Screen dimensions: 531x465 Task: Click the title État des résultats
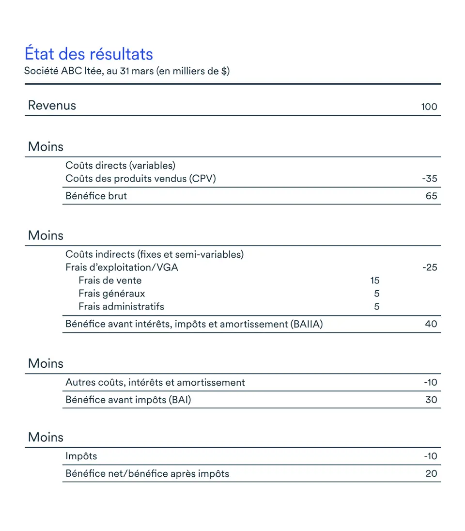point(89,54)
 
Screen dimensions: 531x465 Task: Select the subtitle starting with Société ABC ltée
point(127,71)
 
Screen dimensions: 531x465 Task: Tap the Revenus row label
point(52,105)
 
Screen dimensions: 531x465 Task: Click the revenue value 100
point(429,107)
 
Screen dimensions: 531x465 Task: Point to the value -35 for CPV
point(429,179)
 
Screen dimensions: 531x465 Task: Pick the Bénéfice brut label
point(96,196)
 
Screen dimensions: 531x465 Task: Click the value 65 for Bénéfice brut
point(431,196)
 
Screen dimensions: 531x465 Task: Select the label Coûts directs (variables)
point(120,166)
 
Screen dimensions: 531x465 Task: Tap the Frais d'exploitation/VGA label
point(122,267)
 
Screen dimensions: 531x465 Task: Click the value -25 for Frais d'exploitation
point(429,267)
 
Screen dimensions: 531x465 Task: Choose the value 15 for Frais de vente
point(374,281)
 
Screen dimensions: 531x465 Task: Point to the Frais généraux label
point(111,294)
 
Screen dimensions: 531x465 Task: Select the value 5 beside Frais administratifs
point(377,307)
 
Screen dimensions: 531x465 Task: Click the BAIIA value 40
point(431,324)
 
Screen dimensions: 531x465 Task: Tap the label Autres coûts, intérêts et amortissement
point(155,383)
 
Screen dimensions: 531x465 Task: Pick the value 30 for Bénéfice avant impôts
point(431,400)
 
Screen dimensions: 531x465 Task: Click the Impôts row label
point(81,456)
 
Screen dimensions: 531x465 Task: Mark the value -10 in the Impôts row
point(430,456)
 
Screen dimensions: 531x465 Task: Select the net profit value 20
point(431,474)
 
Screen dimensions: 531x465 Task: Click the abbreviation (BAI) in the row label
point(180,400)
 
